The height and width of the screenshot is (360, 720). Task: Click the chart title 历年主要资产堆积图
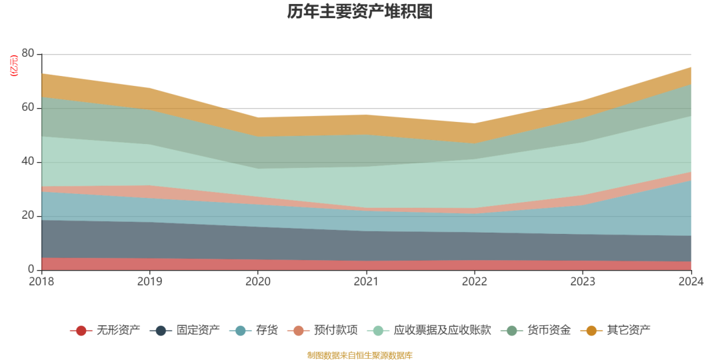pyautogui.click(x=360, y=11)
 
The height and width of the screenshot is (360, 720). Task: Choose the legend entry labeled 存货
pyautogui.click(x=257, y=330)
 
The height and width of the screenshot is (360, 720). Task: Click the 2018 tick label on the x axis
pyautogui.click(x=42, y=281)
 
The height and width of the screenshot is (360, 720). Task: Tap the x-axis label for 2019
pyautogui.click(x=150, y=281)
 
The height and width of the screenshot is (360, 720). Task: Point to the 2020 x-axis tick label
pyautogui.click(x=258, y=281)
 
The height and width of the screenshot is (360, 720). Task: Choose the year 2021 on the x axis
pyautogui.click(x=366, y=281)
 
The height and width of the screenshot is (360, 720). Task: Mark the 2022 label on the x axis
pyautogui.click(x=474, y=281)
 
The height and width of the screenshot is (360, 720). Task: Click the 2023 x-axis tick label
pyautogui.click(x=583, y=281)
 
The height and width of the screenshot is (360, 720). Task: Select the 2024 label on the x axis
pyautogui.click(x=691, y=281)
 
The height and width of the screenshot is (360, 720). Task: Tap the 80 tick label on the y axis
pyautogui.click(x=28, y=54)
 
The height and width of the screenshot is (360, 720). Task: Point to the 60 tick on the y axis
pyautogui.click(x=28, y=108)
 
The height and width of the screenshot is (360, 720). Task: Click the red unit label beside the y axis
pyautogui.click(x=14, y=67)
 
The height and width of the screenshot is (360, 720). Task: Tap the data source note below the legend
pyautogui.click(x=360, y=355)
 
